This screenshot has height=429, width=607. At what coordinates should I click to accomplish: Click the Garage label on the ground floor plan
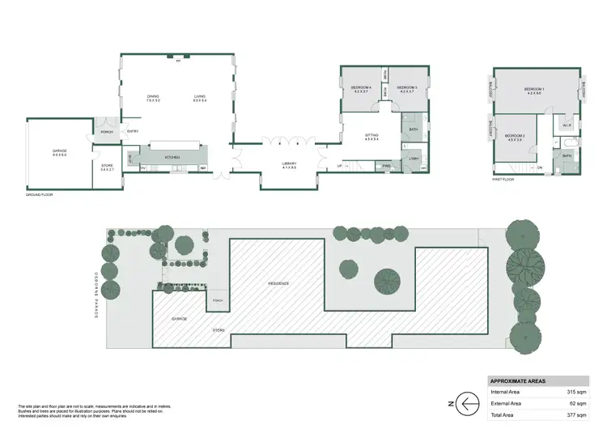59,152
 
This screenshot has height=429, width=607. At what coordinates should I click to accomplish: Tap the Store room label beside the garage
107,168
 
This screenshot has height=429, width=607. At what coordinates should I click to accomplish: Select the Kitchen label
172,156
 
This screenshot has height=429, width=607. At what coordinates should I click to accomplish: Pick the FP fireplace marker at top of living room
177,60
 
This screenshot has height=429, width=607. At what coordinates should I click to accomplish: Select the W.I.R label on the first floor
567,125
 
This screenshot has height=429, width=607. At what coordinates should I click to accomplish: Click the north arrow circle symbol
468,402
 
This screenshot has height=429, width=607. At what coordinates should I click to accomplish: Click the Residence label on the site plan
279,283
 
